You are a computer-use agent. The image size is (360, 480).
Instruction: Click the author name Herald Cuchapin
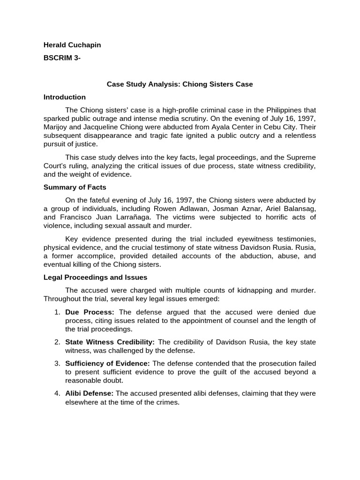coord(72,45)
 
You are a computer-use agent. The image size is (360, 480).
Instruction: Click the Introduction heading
coord(65,97)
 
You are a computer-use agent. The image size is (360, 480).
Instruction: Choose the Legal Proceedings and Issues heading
coord(95,277)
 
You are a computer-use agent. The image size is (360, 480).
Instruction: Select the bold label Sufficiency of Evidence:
coord(107,363)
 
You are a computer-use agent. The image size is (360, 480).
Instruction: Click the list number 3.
coord(57,363)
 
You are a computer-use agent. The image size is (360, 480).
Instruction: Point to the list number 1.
coord(57,312)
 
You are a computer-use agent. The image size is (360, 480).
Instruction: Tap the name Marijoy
coord(56,127)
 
